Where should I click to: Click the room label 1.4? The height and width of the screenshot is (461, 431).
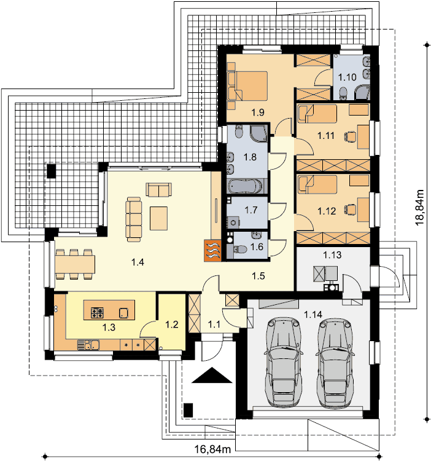(138, 262)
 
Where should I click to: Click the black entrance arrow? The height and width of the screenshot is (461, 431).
(212, 375)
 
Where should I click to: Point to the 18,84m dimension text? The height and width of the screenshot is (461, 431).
(419, 208)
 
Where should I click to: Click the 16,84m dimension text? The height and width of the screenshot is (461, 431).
(212, 449)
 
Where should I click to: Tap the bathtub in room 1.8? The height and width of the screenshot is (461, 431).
(246, 186)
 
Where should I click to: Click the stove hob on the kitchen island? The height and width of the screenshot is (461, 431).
(97, 312)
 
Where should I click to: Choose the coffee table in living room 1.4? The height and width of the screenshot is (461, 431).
(158, 218)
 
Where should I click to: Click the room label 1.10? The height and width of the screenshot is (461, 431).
(348, 77)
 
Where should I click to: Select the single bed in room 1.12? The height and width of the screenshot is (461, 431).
(317, 184)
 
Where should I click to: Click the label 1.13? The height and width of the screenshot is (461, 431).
(332, 255)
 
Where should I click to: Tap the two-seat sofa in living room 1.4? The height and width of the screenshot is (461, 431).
(159, 190)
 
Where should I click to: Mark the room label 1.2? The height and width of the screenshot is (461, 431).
(172, 325)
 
